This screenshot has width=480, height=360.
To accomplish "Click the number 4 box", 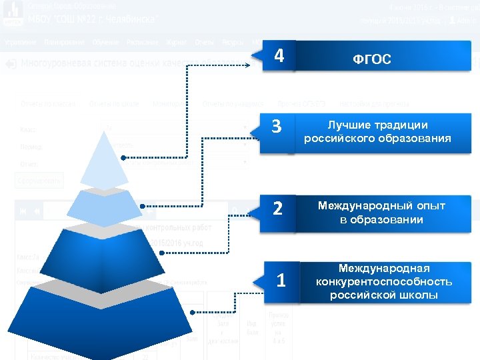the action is pos(281,55).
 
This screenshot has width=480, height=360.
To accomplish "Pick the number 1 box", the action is pos(281,281).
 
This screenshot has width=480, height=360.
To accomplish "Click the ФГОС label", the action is pos(371,60).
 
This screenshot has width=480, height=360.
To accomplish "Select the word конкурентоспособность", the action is pos(384,281).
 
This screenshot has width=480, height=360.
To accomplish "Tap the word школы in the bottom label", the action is pos(415,295).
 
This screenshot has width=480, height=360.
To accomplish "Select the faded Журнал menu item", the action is pos(176,43).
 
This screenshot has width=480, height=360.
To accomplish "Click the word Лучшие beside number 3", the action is pos(344,125).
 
